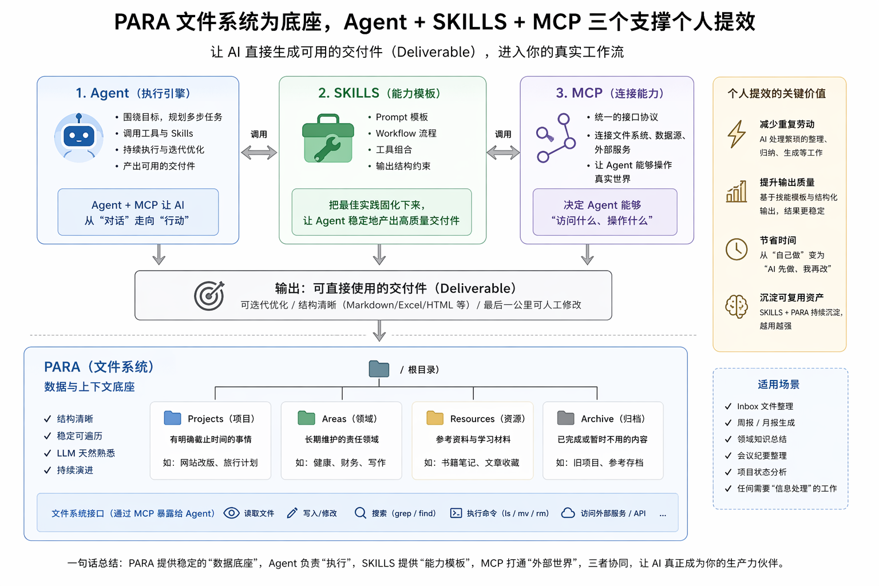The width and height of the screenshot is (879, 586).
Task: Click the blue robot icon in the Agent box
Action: tap(79, 137)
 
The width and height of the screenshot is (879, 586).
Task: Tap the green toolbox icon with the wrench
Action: tap(328, 139)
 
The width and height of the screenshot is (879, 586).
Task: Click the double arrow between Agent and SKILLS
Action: tap(259, 153)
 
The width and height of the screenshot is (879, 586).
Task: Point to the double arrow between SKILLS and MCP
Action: tap(503, 153)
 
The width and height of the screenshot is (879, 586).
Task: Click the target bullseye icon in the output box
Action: tap(209, 295)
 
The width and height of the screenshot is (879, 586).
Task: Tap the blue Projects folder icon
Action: tap(172, 418)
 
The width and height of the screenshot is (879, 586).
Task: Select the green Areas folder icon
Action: tap(307, 418)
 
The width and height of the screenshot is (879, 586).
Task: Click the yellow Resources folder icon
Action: tap(435, 418)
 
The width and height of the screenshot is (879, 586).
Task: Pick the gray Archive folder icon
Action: tap(565, 418)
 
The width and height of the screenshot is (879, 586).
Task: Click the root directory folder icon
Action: tap(379, 369)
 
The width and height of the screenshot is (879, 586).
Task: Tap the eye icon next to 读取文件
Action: tap(231, 513)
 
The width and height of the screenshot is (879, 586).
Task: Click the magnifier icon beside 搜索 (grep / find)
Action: tap(360, 513)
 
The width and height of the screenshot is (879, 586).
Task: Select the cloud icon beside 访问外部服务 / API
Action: tap(568, 513)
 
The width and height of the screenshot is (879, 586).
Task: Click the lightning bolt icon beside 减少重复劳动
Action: tap(737, 134)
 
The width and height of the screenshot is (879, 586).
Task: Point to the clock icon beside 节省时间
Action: tap(737, 250)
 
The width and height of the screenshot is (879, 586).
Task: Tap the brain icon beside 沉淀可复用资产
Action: tap(737, 307)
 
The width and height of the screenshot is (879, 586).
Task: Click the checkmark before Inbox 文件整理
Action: tap(728, 406)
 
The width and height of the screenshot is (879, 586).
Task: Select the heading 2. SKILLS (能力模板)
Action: tap(379, 93)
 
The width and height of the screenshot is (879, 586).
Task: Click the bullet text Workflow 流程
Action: tap(405, 133)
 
